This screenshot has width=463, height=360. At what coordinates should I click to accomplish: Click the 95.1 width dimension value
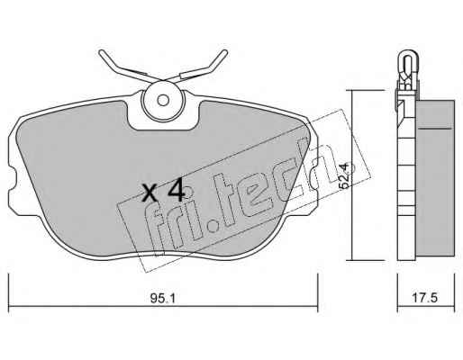pos(162,299)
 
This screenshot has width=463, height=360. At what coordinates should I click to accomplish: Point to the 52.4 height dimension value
pos(344,175)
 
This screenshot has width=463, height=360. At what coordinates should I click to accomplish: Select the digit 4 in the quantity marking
pos(176,189)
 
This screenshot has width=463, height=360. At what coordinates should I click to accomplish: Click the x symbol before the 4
pos(150,193)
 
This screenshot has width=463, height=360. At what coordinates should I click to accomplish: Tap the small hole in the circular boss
pos(163,100)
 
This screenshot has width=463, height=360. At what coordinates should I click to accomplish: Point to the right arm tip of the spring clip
pos(224,52)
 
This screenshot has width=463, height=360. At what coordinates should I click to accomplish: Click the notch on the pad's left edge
pos(12,180)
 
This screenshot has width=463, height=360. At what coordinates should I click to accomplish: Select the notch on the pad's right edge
pos(314,180)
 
